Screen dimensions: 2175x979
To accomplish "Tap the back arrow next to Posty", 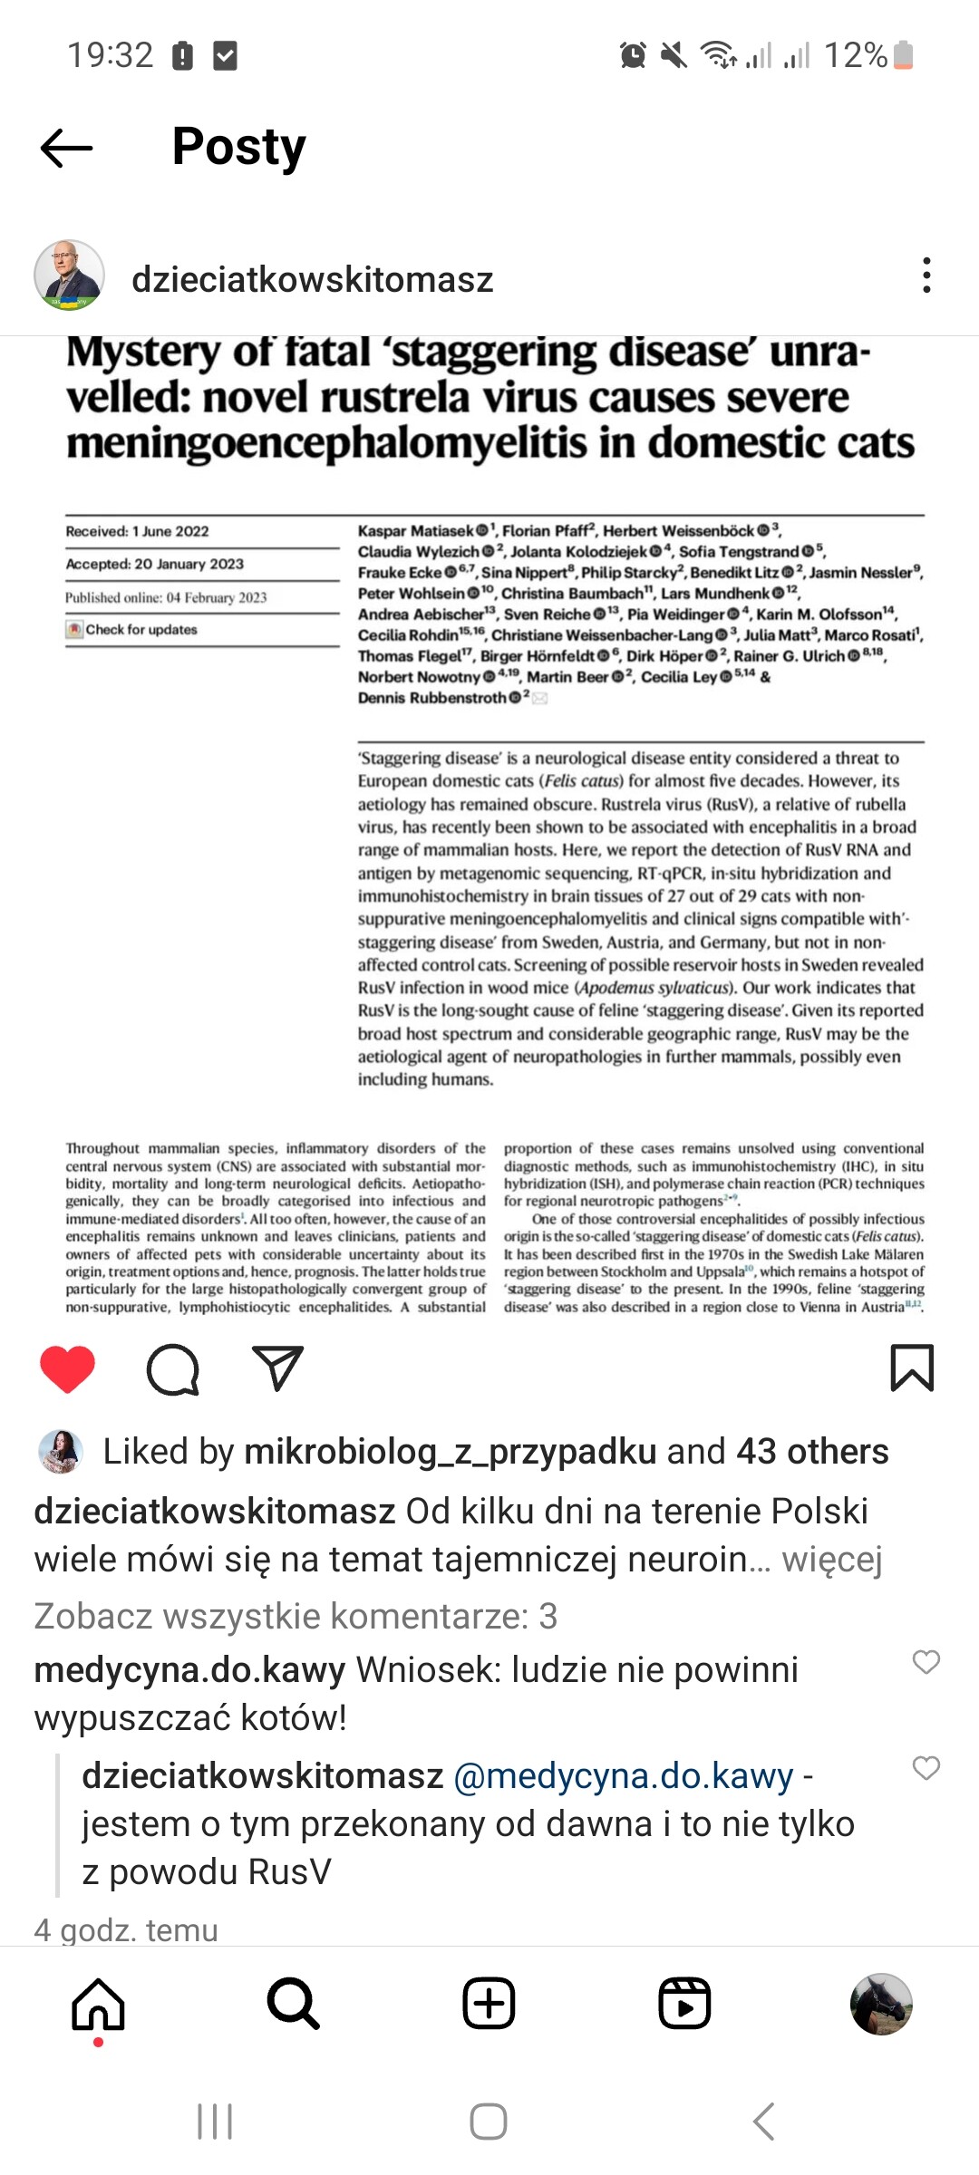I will (x=66, y=148).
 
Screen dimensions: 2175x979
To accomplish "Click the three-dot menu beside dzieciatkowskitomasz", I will (x=926, y=275).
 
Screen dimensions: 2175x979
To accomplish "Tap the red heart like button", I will (x=68, y=1368).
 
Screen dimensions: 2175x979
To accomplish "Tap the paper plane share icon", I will (x=277, y=1368).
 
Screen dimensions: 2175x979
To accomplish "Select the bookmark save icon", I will (x=912, y=1368).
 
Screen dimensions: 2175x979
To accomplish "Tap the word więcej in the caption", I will (x=831, y=1560).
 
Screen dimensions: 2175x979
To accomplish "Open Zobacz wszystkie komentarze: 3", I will (x=296, y=1616).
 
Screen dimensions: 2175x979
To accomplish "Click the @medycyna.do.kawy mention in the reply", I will (x=623, y=1776).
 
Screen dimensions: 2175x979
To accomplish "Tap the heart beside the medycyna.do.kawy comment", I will (x=926, y=1661).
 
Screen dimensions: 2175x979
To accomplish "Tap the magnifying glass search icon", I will (x=294, y=2004).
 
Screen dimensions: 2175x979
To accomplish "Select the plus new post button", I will (x=489, y=2004).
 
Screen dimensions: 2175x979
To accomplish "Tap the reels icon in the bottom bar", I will (x=684, y=2004).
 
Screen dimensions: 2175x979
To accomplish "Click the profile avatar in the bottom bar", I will (x=880, y=2004).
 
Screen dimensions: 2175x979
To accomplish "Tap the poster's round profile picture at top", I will (x=69, y=275).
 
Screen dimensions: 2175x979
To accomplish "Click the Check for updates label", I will (x=141, y=630).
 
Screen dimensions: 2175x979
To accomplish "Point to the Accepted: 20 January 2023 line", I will (x=155, y=564).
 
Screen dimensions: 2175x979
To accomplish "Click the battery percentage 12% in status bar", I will (x=855, y=55).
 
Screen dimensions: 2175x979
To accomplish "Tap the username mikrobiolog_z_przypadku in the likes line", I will (x=450, y=1452).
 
